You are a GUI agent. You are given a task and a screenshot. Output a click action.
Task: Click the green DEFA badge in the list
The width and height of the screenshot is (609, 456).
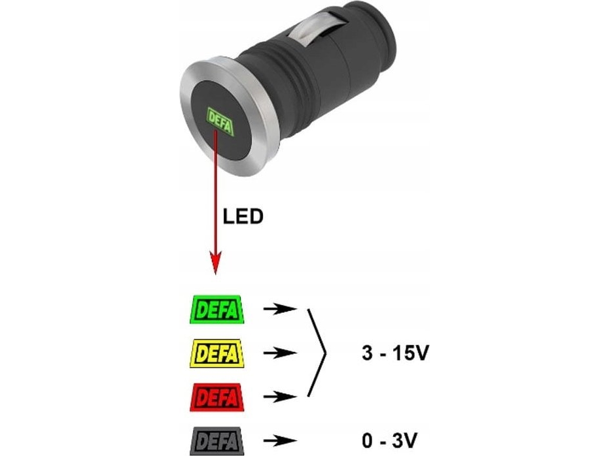(x=216, y=308)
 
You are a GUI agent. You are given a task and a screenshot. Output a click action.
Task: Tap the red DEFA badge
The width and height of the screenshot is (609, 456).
(x=216, y=397)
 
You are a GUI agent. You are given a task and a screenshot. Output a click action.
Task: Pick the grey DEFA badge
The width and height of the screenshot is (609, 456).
(x=216, y=440)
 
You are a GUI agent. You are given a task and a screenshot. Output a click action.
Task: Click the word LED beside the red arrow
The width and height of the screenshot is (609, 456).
(x=243, y=217)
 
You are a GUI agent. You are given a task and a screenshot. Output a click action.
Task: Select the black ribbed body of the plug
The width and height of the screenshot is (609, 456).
(x=288, y=91)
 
